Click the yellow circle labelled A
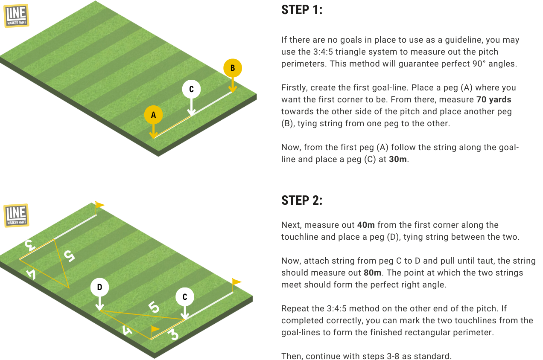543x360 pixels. tap(153, 115)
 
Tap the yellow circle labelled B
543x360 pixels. tap(233, 68)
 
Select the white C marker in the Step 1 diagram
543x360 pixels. tap(191, 89)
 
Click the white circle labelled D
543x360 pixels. tap(99, 287)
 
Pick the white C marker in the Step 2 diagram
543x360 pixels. tap(185, 297)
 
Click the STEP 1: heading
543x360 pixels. tap(302, 10)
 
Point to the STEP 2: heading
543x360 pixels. tap(302, 200)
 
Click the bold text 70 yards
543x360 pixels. tap(493, 99)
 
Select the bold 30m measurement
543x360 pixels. tap(398, 159)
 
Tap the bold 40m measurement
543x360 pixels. tap(366, 225)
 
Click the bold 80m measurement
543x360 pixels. tap(372, 273)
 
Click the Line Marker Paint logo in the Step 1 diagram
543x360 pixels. tap(17, 16)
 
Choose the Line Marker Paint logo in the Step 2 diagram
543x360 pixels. tap(17, 215)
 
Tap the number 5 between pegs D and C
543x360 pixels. tap(154, 307)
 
